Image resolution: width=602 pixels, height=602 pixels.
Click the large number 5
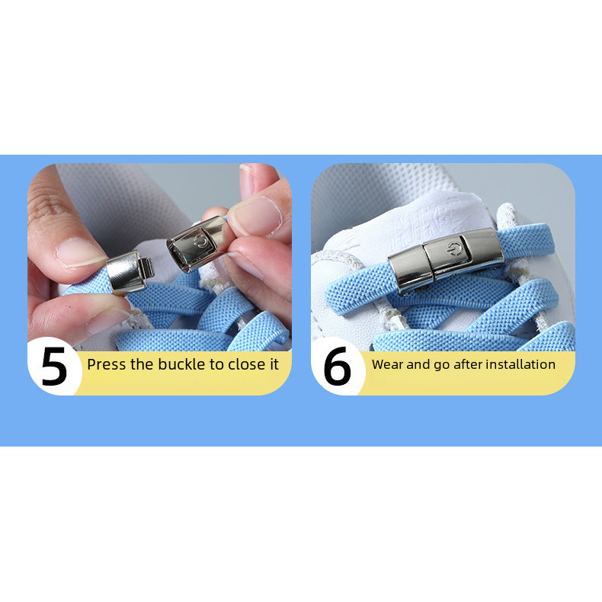tap(54, 366)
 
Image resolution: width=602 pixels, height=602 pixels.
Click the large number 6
tap(337, 366)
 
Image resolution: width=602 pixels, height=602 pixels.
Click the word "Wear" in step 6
tap(388, 364)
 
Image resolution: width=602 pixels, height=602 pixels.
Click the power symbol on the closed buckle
tap(454, 248)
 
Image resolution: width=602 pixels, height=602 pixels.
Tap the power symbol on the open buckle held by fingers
tap(200, 242)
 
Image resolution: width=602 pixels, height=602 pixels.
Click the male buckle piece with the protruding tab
tap(130, 272)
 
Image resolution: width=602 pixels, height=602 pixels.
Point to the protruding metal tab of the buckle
tap(147, 267)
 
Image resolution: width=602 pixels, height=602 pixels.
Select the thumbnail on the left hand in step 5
tap(78, 252)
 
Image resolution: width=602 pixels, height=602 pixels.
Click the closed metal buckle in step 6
tap(446, 261)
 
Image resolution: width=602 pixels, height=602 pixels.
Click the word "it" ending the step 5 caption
tap(274, 364)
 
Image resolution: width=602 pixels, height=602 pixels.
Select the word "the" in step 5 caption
tap(142, 364)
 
